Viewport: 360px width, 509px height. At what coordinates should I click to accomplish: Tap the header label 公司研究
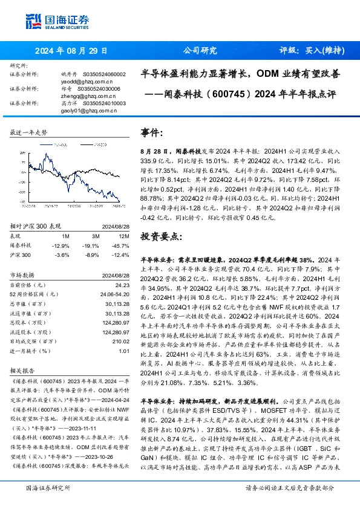tap(200, 51)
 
